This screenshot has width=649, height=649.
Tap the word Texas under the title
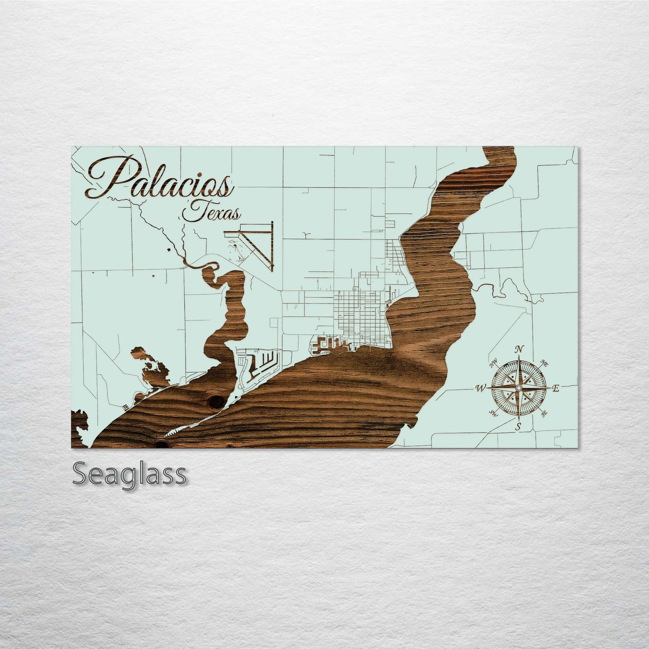click(211, 212)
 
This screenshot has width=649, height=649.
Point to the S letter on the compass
click(518, 427)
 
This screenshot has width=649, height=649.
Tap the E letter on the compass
click(556, 389)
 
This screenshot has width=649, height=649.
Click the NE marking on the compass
click(544, 362)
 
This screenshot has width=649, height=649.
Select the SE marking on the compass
click(544, 414)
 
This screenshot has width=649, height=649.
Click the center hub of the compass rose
click(519, 387)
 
